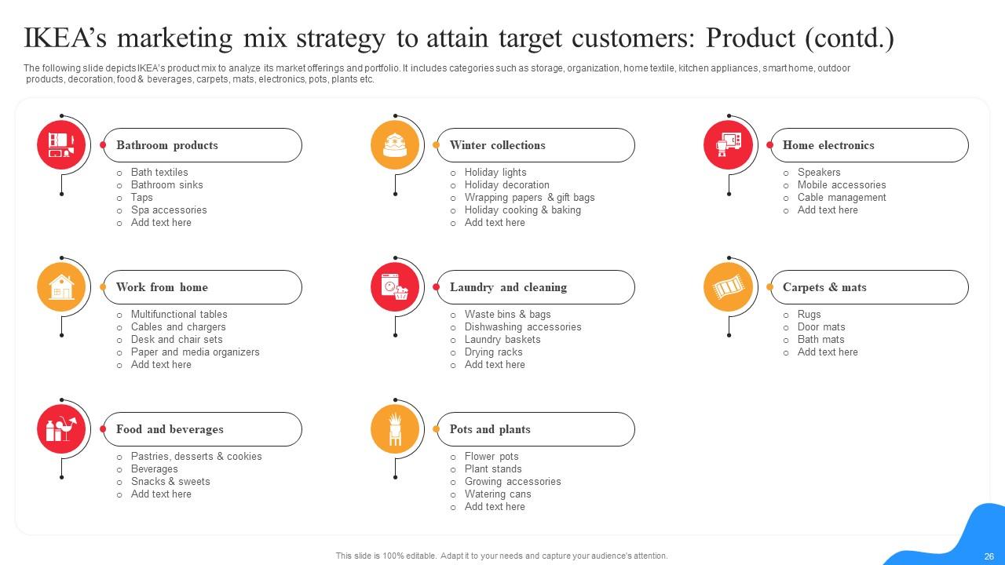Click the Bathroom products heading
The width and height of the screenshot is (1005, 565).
pyautogui.click(x=167, y=145)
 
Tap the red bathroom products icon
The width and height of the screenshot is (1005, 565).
pyautogui.click(x=61, y=145)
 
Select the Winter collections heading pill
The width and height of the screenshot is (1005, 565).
pyautogui.click(x=535, y=145)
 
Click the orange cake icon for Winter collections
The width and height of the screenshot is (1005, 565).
pyautogui.click(x=395, y=145)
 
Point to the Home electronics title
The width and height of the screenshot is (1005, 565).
pyautogui.click(x=828, y=145)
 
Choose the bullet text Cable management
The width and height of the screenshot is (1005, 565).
pyautogui.click(x=842, y=198)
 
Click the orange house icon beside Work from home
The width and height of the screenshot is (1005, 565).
pyautogui.click(x=61, y=287)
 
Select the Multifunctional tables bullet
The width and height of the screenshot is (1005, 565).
pyautogui.click(x=179, y=315)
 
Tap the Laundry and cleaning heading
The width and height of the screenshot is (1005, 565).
pyautogui.click(x=508, y=287)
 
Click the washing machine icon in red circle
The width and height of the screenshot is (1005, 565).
pyautogui.click(x=395, y=287)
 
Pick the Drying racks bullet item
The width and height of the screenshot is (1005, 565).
pyautogui.click(x=493, y=352)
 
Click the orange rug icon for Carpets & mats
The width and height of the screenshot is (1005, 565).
pyautogui.click(x=728, y=287)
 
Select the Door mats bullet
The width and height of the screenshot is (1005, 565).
pyautogui.click(x=821, y=327)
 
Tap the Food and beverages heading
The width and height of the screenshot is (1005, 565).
pyautogui.click(x=170, y=429)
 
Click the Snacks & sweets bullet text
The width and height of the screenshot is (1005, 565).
pyautogui.click(x=170, y=482)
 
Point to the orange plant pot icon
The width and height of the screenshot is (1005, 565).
pyautogui.click(x=395, y=429)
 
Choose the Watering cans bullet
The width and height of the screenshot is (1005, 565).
pyautogui.click(x=498, y=494)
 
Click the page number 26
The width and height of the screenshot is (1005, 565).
pyautogui.click(x=989, y=556)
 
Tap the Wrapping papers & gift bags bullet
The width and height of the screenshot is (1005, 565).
pyautogui.click(x=529, y=198)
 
